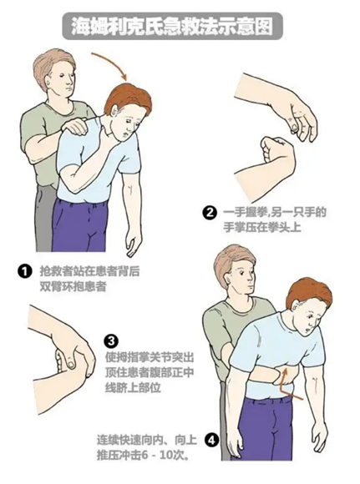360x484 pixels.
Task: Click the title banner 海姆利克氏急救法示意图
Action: pos(172,26)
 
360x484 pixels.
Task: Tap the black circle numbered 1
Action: pos(25,271)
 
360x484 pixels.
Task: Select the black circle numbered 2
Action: pos(210,213)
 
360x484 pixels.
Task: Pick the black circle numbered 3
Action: pos(112,341)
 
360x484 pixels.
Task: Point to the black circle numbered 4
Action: pos(211,441)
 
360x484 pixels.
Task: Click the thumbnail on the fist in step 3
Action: pos(71,365)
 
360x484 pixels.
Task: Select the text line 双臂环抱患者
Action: pos(73,287)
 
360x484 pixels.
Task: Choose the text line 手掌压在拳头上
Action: pos(262,228)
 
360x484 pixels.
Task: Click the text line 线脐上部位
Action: pos(133,387)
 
